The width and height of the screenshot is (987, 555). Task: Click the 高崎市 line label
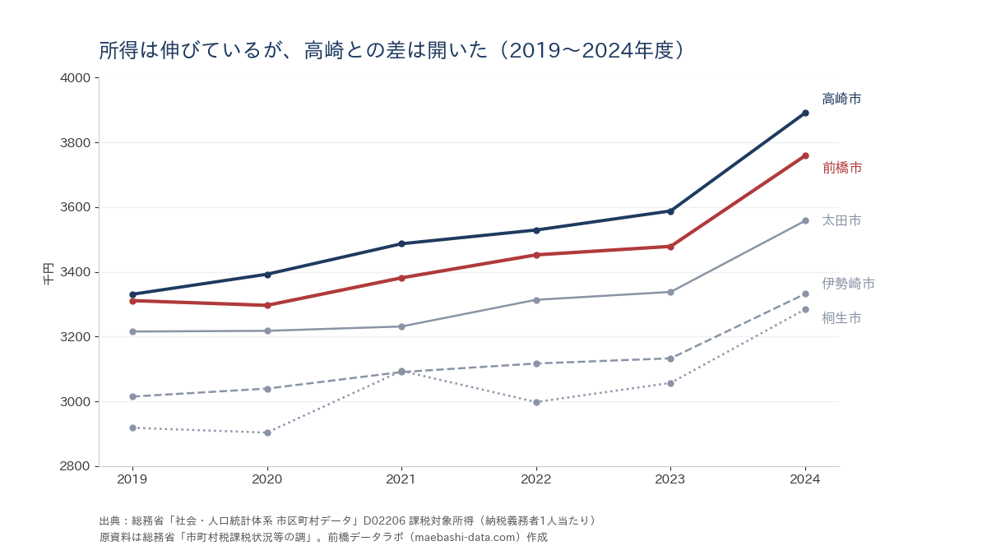pyautogui.click(x=841, y=99)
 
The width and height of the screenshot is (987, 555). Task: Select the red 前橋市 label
pyautogui.click(x=842, y=168)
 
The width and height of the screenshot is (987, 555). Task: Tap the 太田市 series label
pyautogui.click(x=841, y=220)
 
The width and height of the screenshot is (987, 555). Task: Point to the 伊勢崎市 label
pyautogui.click(x=848, y=283)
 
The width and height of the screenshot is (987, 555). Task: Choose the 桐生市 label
pyautogui.click(x=841, y=318)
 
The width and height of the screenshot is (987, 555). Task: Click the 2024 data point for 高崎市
pyautogui.click(x=805, y=113)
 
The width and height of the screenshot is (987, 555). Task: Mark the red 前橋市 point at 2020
pyautogui.click(x=267, y=305)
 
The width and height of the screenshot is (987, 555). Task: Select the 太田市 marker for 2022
pyautogui.click(x=536, y=300)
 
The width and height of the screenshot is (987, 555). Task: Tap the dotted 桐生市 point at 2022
pyautogui.click(x=536, y=403)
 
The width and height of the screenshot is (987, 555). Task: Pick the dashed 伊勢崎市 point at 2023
pyautogui.click(x=670, y=359)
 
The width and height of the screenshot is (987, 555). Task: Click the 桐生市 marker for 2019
pyautogui.click(x=132, y=428)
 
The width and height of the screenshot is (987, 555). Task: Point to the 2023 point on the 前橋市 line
pyautogui.click(x=670, y=247)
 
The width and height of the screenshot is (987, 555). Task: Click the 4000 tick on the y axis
pyautogui.click(x=75, y=78)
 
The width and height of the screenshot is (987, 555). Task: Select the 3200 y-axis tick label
pyautogui.click(x=75, y=337)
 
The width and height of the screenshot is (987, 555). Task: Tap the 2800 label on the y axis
pyautogui.click(x=75, y=466)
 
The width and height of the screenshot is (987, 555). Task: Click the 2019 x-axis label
pyautogui.click(x=132, y=479)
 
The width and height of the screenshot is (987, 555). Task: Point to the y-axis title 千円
pyautogui.click(x=48, y=274)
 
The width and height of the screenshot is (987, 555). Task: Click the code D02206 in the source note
pyautogui.click(x=384, y=521)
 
